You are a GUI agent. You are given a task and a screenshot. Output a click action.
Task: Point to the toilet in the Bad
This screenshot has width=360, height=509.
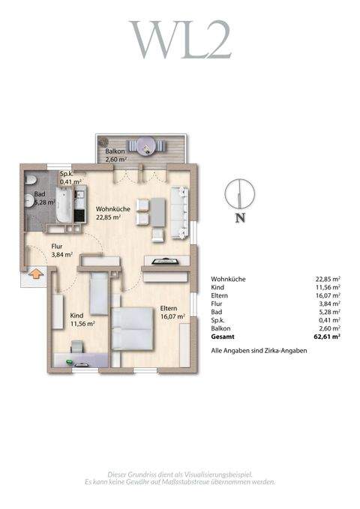[x=28, y=181]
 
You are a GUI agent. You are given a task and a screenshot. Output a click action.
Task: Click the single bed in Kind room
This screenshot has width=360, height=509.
[x=99, y=294]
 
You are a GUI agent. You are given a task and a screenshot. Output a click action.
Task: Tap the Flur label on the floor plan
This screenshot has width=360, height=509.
[x=58, y=246]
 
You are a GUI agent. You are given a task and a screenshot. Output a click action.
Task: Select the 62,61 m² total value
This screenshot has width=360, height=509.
[x=327, y=337]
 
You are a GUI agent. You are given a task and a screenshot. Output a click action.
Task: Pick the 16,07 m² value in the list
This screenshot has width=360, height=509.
[x=328, y=295]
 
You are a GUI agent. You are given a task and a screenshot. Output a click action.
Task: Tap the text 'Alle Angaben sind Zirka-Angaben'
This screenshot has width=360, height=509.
[x=259, y=351]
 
